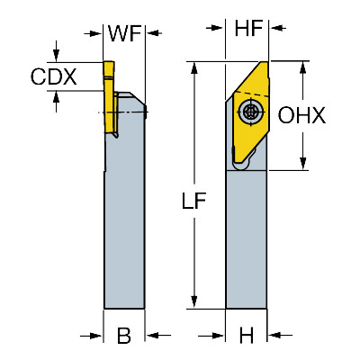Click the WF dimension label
click(124, 33)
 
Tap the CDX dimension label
click(54, 76)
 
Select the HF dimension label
click(248, 28)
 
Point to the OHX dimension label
click(301, 115)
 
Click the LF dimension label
click(194, 201)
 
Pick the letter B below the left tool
click(124, 335)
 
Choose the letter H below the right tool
click(247, 335)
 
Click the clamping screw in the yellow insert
click(249, 112)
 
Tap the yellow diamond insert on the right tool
click(249, 115)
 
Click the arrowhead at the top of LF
click(194, 67)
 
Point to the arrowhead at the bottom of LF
click(194, 301)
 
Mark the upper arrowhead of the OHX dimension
click(303, 67)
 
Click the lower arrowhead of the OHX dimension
click(303, 164)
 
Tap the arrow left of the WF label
click(94, 33)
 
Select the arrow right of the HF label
click(277, 28)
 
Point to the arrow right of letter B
click(158, 335)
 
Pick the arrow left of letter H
click(211, 335)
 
